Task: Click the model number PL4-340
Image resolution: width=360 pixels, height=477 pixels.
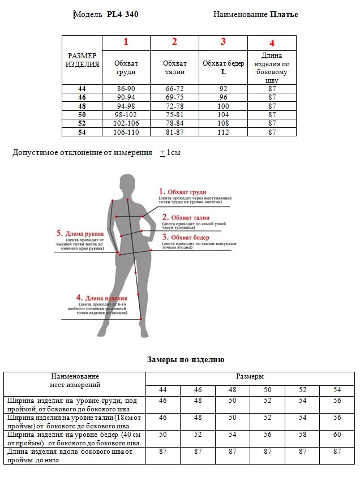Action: pyautogui.click(x=122, y=15)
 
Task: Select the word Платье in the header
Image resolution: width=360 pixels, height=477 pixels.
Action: pyautogui.click(x=284, y=15)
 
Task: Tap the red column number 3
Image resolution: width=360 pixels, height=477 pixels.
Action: pyautogui.click(x=223, y=41)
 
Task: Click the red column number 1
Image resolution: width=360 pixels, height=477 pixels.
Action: pyautogui.click(x=126, y=41)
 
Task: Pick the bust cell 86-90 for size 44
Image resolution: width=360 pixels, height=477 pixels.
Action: pyautogui.click(x=126, y=89)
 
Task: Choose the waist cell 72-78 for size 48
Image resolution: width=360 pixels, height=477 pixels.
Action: pyautogui.click(x=174, y=106)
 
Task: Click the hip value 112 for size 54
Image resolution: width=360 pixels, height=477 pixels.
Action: pyautogui.click(x=223, y=132)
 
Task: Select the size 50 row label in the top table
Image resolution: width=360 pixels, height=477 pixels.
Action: pyautogui.click(x=82, y=114)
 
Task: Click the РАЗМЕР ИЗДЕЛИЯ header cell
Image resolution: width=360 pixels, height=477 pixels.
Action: pyautogui.click(x=82, y=60)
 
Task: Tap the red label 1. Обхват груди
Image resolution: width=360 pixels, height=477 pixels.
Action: pyautogui.click(x=182, y=192)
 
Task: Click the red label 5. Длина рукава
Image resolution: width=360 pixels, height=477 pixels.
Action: pyautogui.click(x=80, y=233)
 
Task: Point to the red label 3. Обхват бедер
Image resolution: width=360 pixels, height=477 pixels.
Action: pyautogui.click(x=186, y=237)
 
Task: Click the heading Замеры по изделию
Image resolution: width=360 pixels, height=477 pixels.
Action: pyautogui.click(x=186, y=359)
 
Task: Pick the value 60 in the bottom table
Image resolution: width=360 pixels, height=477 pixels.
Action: pyautogui.click(x=337, y=435)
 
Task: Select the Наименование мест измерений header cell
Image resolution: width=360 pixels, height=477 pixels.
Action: pyautogui.click(x=75, y=380)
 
